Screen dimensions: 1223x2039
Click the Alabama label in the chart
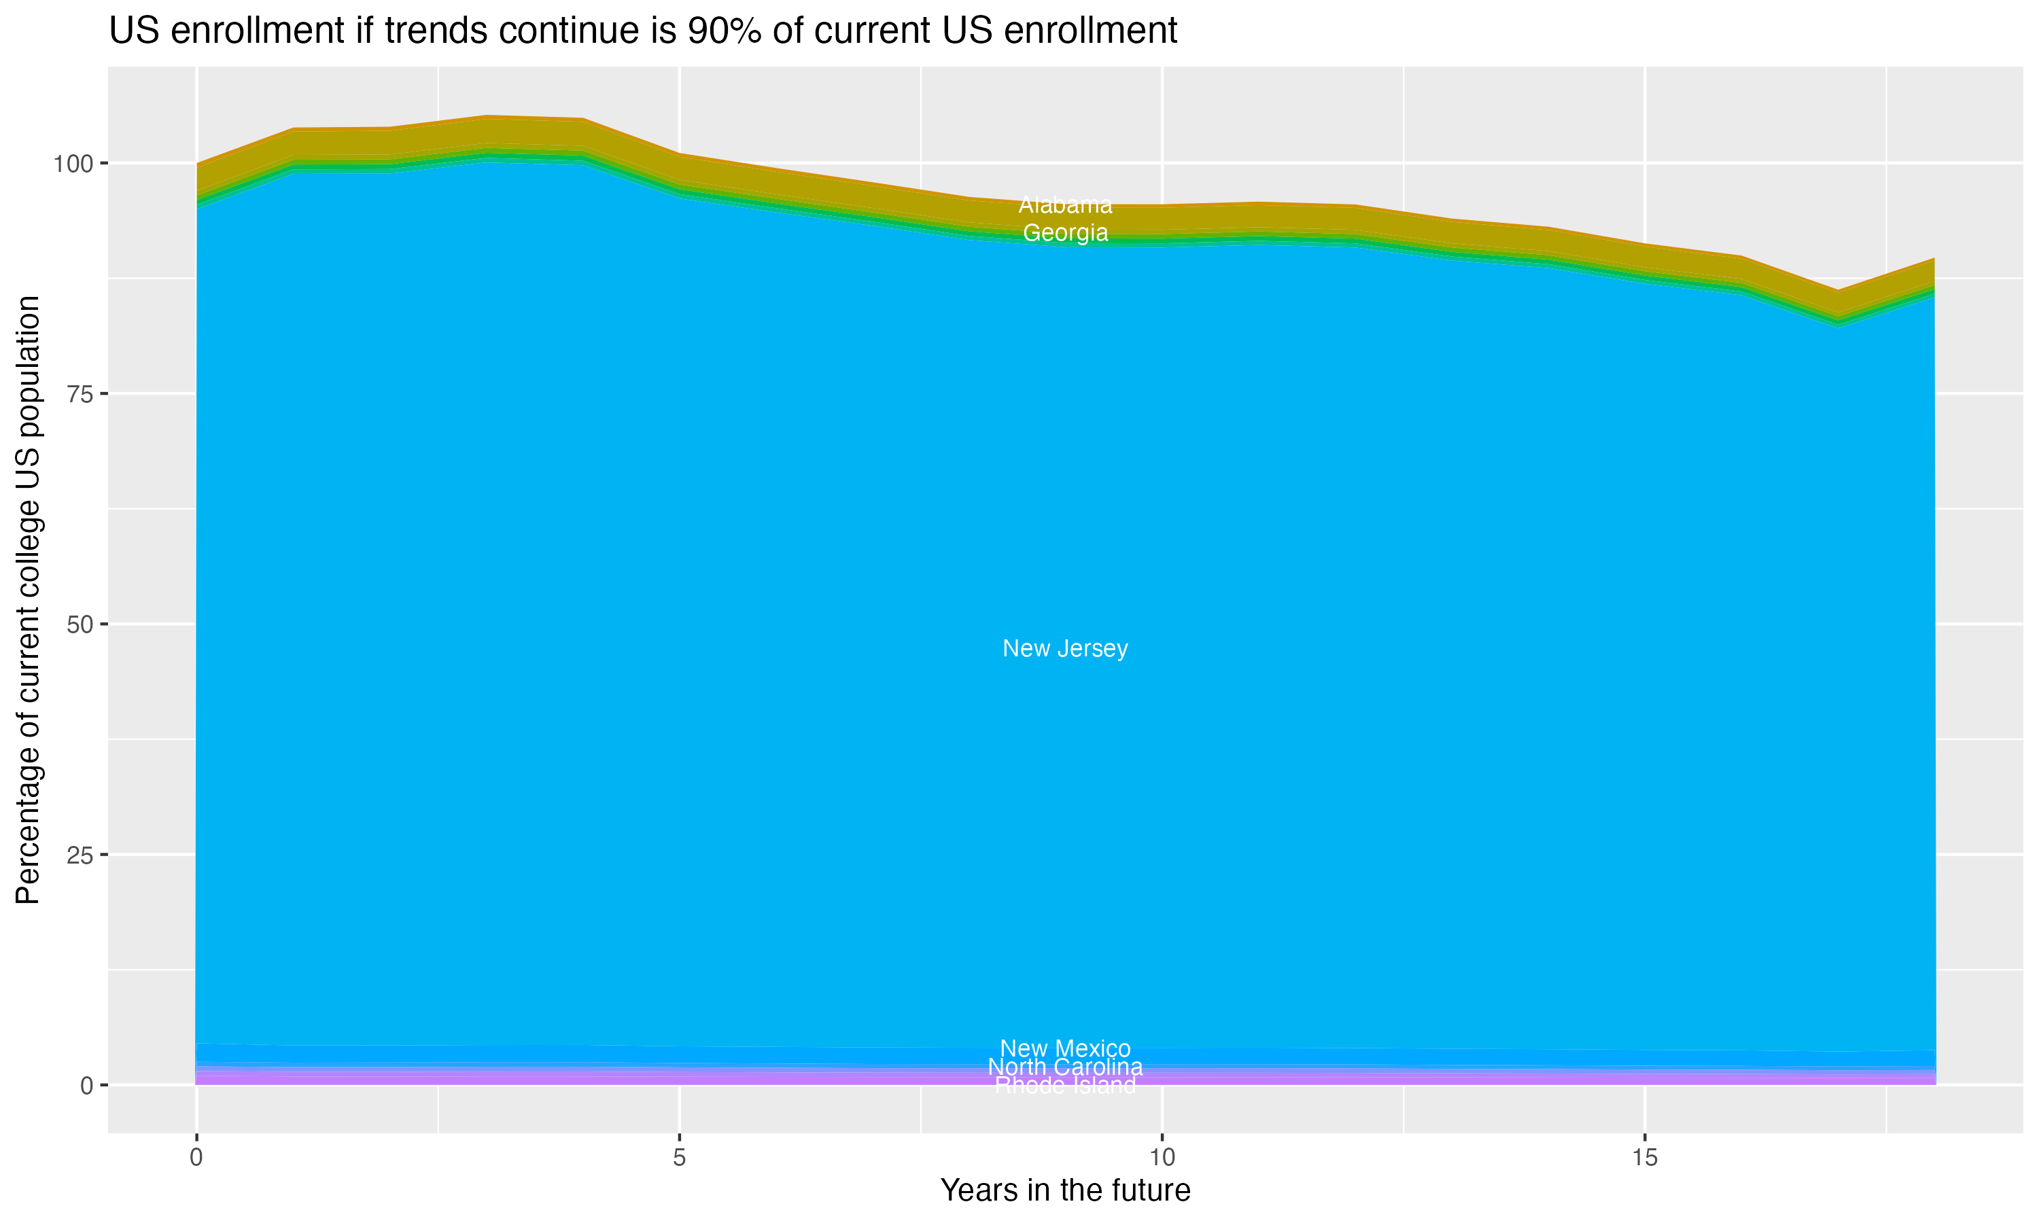tap(1065, 205)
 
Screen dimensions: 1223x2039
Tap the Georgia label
tap(1065, 233)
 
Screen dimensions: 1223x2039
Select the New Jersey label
tap(1065, 649)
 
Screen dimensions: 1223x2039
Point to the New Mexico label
tap(1065, 1048)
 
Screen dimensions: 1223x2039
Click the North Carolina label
tap(1065, 1067)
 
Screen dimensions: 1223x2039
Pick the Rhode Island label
tap(1065, 1085)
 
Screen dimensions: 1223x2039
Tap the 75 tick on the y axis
tap(78, 394)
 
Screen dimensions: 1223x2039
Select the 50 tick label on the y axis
tap(78, 624)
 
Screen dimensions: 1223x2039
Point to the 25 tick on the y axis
tap(78, 855)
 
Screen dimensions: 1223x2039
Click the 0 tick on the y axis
tap(86, 1085)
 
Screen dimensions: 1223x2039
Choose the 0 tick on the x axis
tap(196, 1158)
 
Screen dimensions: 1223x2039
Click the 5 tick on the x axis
tap(679, 1158)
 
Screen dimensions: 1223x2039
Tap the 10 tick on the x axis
tap(1162, 1158)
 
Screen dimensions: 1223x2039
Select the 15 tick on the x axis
tap(1644, 1158)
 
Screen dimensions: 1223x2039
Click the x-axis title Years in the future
tap(1065, 1190)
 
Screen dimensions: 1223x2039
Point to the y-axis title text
tap(28, 599)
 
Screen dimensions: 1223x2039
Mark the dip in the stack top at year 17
tap(1837, 291)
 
